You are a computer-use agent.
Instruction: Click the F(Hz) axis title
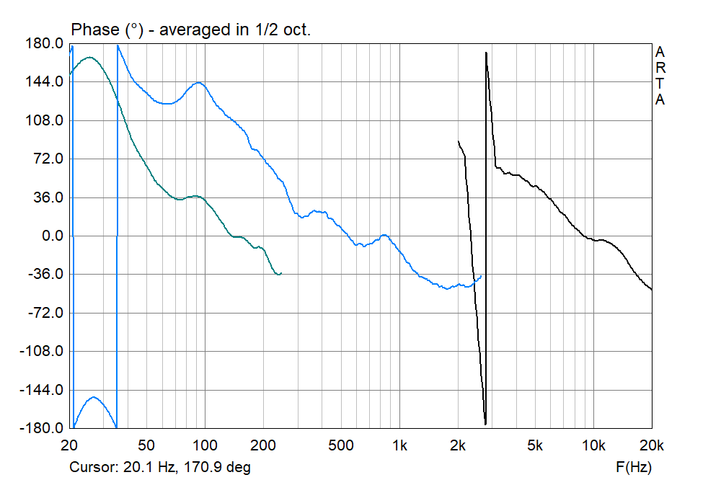pos(632,468)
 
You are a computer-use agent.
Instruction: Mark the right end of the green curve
pos(281,273)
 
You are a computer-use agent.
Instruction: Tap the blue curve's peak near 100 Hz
pos(198,83)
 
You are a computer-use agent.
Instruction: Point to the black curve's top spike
pos(487,53)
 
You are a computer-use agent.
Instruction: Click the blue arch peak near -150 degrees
pos(94,397)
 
